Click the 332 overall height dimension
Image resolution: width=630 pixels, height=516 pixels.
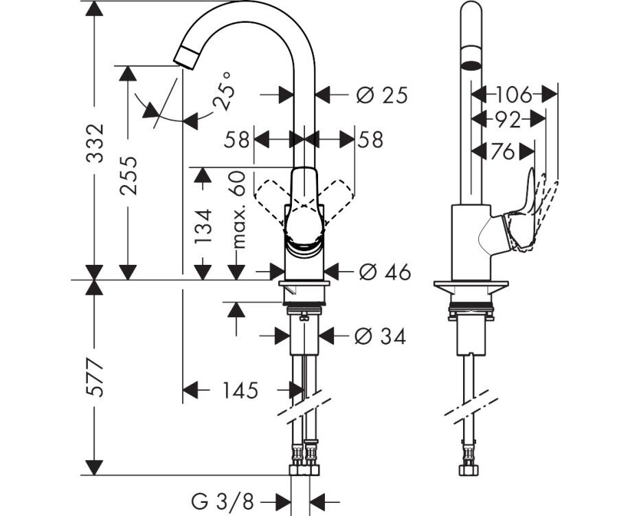(x=95, y=143)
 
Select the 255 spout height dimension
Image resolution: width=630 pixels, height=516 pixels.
(x=128, y=176)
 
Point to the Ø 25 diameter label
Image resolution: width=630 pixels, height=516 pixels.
(x=382, y=96)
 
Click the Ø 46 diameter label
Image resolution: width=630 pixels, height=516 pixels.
(x=385, y=272)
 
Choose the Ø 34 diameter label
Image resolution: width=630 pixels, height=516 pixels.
(x=380, y=336)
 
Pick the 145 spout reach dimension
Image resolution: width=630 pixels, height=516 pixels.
(x=240, y=390)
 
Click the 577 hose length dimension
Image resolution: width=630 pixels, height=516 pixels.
(x=95, y=377)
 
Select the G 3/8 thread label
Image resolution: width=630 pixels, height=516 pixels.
(x=223, y=502)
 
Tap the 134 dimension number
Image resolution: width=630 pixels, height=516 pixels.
(x=203, y=226)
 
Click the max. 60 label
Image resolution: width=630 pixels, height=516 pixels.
(x=238, y=209)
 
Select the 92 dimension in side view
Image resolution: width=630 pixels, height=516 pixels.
(x=508, y=120)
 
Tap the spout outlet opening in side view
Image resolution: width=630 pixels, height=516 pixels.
(x=471, y=65)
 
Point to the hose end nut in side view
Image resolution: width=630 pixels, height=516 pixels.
(x=471, y=471)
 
